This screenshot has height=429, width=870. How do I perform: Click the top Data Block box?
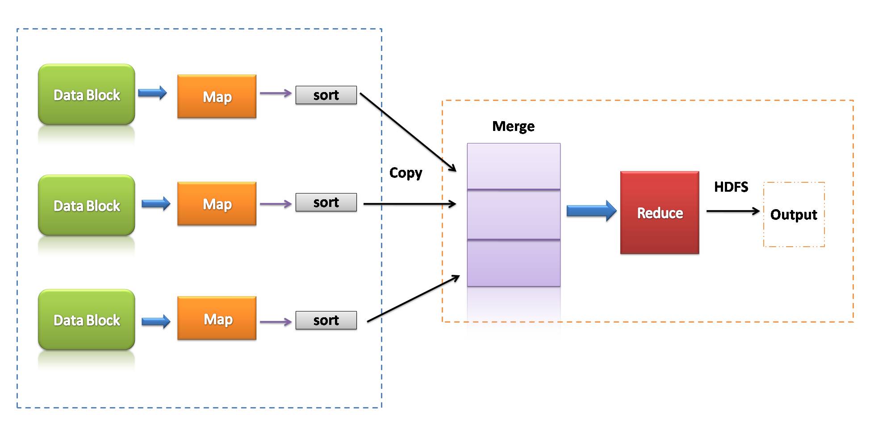(x=87, y=95)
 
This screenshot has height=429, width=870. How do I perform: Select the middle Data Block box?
(x=87, y=206)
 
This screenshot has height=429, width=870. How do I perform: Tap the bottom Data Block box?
(x=87, y=320)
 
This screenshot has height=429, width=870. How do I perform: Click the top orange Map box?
(x=217, y=97)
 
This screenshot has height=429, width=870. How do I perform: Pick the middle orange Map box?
(x=217, y=204)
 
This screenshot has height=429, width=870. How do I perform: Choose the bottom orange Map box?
(x=217, y=318)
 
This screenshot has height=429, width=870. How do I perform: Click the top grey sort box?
(x=326, y=95)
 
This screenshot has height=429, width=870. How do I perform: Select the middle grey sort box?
(x=326, y=202)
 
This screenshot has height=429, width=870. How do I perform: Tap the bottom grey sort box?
(x=326, y=320)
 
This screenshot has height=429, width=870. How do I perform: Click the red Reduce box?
(x=660, y=213)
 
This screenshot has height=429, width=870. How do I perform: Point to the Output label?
(x=794, y=214)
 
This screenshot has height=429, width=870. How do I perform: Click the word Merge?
(x=513, y=126)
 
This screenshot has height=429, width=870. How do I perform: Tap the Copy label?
(x=406, y=173)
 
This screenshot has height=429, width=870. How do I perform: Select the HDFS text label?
(x=731, y=187)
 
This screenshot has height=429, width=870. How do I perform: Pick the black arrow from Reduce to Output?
(x=732, y=211)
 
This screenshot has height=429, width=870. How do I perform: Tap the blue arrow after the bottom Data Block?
(x=156, y=321)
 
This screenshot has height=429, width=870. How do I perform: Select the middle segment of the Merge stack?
(x=514, y=215)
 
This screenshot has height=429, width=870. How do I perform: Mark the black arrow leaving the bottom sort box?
(x=413, y=299)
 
